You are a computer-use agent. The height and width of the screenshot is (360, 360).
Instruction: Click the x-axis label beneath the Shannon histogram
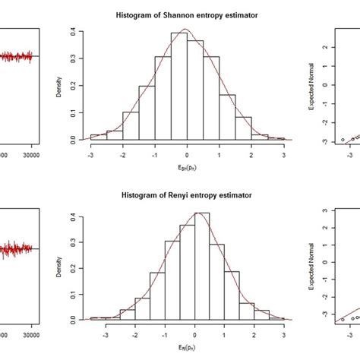pyautogui.click(x=187, y=168)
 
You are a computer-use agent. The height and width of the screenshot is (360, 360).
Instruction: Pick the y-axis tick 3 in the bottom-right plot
pyautogui.click(x=324, y=210)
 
